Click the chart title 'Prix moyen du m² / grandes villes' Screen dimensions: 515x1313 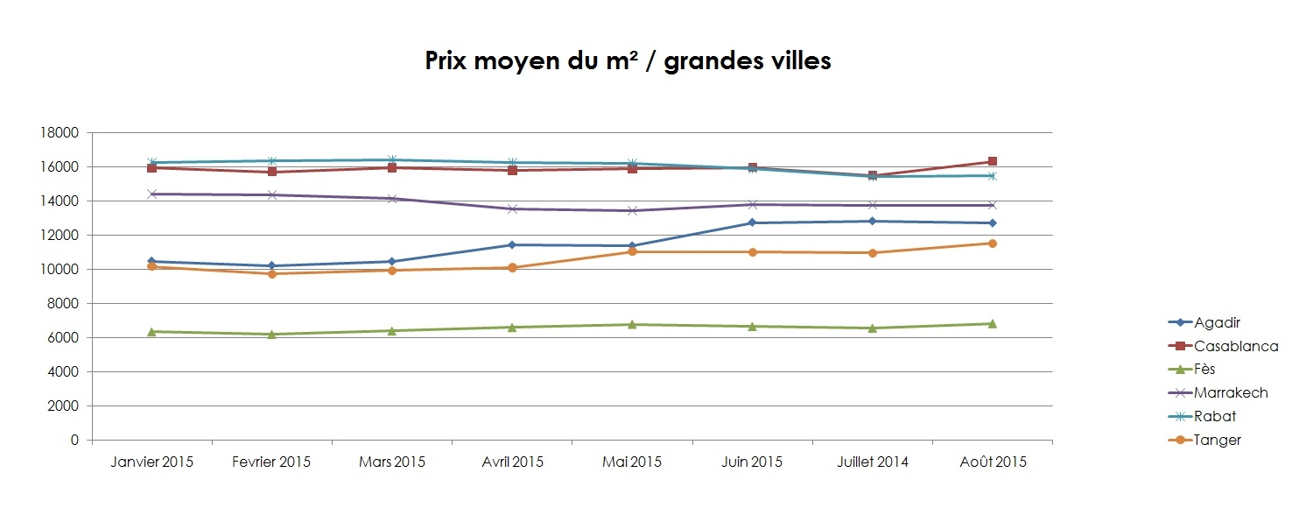(628, 61)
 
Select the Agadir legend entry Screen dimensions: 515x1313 (1218, 323)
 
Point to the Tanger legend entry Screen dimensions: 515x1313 (1217, 441)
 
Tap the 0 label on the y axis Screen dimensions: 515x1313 (75, 441)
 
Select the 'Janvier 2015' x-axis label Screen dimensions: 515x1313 (152, 462)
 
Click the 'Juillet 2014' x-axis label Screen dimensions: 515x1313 (872, 462)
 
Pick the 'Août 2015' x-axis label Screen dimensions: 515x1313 (992, 462)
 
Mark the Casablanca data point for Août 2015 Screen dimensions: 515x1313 (992, 161)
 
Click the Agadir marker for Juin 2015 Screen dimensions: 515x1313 (752, 222)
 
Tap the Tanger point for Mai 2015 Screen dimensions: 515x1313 (632, 252)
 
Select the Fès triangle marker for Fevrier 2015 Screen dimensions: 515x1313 (272, 334)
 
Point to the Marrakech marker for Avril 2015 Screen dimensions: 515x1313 (512, 208)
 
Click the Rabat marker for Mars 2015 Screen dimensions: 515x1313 (392, 159)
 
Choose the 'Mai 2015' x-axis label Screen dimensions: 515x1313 (632, 462)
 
